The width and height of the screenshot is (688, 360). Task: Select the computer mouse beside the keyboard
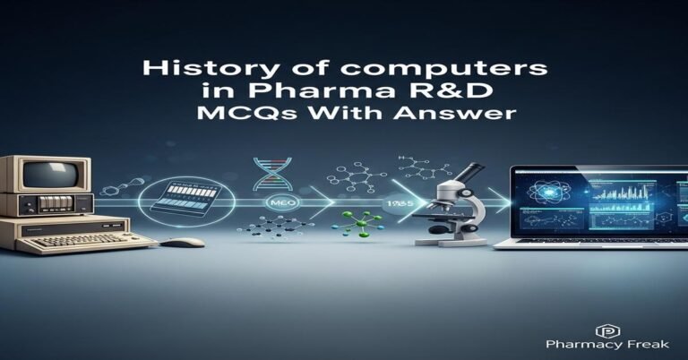184,242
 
